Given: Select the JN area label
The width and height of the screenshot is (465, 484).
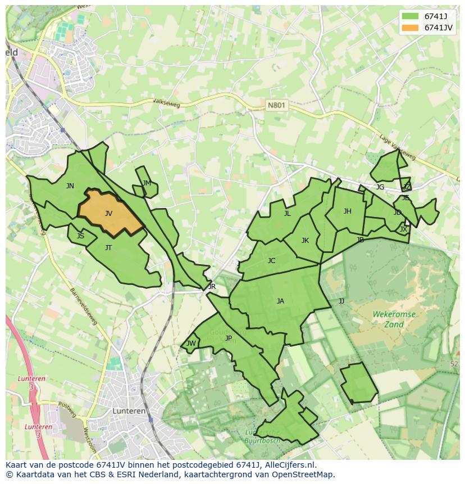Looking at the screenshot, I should (x=70, y=186).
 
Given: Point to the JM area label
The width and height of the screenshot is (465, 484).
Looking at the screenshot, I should (x=147, y=183).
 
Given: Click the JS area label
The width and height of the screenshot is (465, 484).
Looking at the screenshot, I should (x=80, y=236).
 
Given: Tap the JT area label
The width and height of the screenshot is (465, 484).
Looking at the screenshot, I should (x=108, y=248).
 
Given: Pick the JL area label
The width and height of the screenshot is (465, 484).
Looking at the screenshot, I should (x=287, y=214).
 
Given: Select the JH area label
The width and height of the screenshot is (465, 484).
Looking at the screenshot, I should (x=347, y=211).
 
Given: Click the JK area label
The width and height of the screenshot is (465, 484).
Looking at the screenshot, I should (x=305, y=241).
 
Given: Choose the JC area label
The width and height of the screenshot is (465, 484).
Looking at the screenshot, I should (x=271, y=261).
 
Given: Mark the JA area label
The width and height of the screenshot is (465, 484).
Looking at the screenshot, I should (x=280, y=301).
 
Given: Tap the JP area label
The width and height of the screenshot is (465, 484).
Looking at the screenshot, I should (x=228, y=338).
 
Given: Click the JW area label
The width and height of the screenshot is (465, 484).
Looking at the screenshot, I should (x=191, y=343).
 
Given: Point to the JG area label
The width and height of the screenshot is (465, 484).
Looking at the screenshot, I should (x=380, y=187).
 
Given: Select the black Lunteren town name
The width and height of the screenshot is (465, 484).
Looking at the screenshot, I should (x=129, y=411).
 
